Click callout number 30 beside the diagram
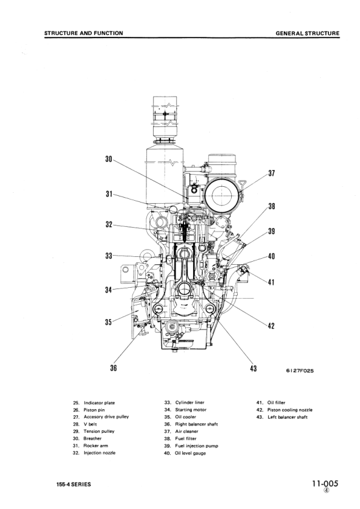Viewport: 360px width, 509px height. pos(109,160)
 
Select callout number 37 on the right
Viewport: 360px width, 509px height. pos(272,173)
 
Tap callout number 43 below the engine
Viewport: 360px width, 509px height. pos(253,368)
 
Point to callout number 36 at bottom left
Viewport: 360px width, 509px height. pos(113,368)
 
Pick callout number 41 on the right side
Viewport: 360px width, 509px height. pos(272,282)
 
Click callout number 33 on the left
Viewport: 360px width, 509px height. pos(109,256)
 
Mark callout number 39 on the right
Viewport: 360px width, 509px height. pos(272,232)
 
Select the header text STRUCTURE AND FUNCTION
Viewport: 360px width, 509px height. pos(83,33)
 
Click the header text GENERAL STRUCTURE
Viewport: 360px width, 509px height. pos(307,33)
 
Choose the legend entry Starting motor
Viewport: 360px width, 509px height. pos(191,409)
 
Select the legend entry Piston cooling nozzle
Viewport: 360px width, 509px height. pos(290,409)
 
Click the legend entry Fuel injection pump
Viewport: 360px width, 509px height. pos(197,446)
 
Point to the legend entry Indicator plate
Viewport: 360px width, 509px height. pos(99,402)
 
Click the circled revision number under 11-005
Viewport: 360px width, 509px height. pos(327,491)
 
